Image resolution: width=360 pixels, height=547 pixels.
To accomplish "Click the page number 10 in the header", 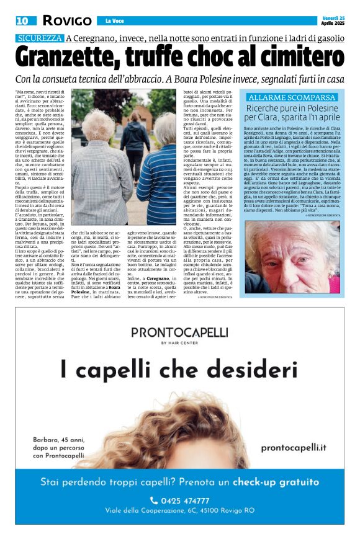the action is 22,20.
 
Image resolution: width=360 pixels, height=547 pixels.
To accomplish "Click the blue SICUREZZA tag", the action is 40,38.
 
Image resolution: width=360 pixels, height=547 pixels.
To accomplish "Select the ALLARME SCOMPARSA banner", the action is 292,97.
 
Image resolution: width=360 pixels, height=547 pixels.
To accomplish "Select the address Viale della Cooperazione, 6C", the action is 179,511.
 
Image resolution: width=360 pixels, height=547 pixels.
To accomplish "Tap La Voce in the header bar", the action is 115,20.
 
